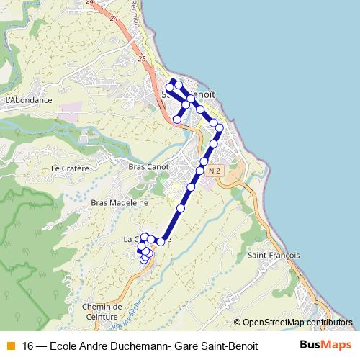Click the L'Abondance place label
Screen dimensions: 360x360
(x=29, y=100)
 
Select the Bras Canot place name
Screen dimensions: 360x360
(x=148, y=166)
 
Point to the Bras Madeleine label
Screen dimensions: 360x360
(x=120, y=202)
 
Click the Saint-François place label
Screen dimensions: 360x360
(x=269, y=255)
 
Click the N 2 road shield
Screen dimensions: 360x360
(x=215, y=171)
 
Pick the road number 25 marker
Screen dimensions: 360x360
(x=140, y=58)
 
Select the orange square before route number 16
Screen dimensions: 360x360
(x=10, y=346)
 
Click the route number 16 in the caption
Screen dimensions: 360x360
(x=29, y=346)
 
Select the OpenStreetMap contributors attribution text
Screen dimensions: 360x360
(x=293, y=323)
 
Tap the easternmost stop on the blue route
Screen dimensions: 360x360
(x=220, y=128)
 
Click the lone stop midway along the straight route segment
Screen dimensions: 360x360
(x=181, y=208)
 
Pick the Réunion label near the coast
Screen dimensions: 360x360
(x=153, y=14)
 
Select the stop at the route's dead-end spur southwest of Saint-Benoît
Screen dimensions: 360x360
(x=177, y=119)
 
